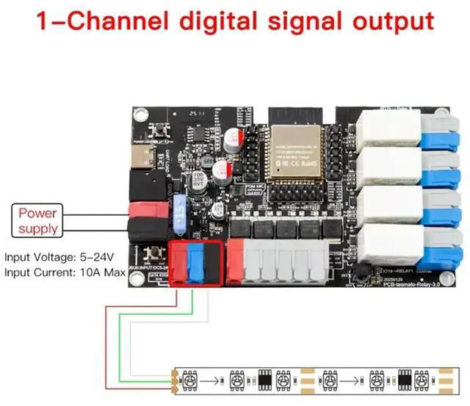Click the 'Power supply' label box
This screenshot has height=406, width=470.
tap(38, 221)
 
